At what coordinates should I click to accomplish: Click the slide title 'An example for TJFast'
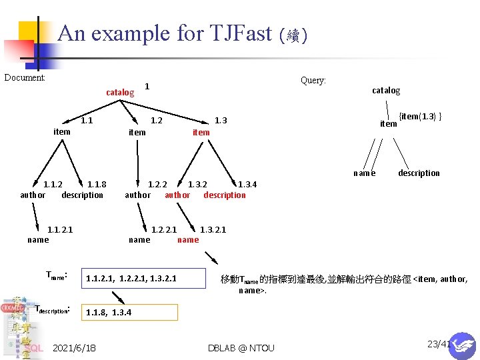point(165,33)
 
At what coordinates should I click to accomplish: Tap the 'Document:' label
point(25,77)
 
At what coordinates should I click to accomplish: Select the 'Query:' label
point(313,80)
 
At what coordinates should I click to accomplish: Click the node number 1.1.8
point(97,185)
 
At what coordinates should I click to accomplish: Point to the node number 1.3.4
point(247,185)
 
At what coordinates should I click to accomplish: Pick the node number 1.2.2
point(157,185)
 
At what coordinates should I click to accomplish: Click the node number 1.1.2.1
point(60,229)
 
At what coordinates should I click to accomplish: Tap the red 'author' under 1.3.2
point(177,195)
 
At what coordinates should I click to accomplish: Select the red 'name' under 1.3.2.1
point(188,239)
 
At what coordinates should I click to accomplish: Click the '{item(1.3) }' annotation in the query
point(421,117)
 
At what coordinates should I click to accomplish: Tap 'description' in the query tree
point(419,173)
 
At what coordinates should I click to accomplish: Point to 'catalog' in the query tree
point(386,90)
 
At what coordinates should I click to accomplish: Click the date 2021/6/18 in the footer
point(74,348)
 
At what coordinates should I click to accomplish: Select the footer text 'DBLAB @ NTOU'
point(241,348)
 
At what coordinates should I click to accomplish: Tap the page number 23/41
point(438,344)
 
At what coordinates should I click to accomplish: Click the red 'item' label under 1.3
point(201,132)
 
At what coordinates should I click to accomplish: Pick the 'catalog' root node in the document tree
point(120,91)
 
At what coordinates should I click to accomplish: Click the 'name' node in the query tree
point(364,173)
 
